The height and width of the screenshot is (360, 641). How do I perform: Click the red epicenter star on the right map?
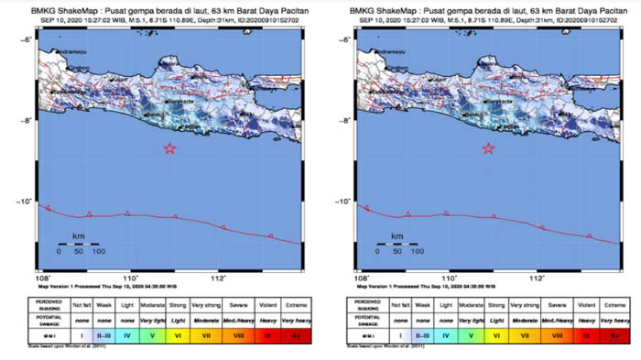point(488,148)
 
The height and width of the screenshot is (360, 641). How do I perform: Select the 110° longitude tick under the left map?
point(130,275)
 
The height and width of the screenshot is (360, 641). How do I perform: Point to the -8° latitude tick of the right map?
point(348,120)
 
